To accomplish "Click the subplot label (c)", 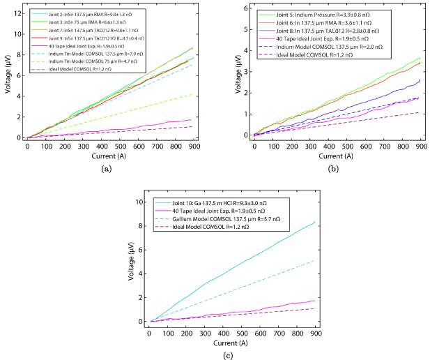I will (x=220, y=354).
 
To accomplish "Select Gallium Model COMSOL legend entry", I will (x=208, y=219).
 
